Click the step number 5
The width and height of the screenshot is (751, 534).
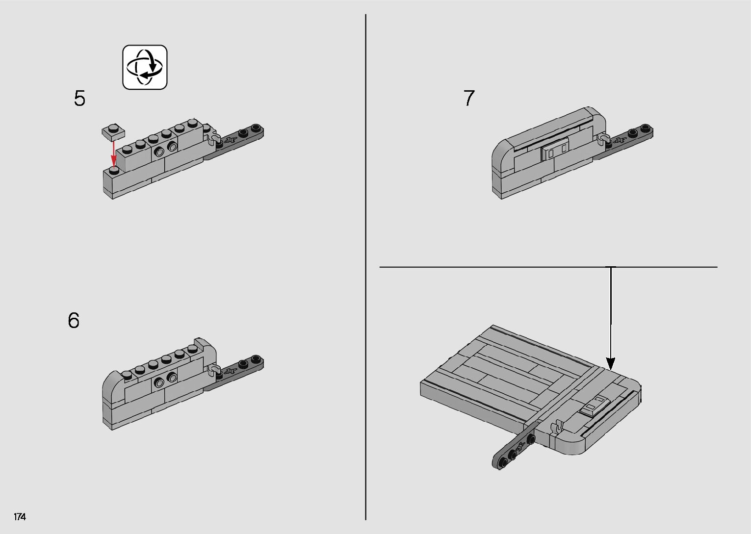point(80,99)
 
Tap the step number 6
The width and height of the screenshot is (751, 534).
point(74,321)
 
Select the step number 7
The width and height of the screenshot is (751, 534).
point(469,98)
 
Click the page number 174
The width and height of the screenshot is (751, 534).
point(20,517)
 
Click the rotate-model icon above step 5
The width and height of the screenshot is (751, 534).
point(145,67)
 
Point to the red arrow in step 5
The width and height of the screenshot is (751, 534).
point(114,153)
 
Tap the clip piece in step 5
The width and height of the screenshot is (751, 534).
point(213,138)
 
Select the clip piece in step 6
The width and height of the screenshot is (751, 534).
point(213,370)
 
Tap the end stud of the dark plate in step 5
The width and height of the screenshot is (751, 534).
point(257,127)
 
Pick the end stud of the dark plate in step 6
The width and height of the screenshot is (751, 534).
point(256,358)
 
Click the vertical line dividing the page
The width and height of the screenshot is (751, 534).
point(366,267)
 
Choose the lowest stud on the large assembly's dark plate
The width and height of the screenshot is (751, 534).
point(503,462)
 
